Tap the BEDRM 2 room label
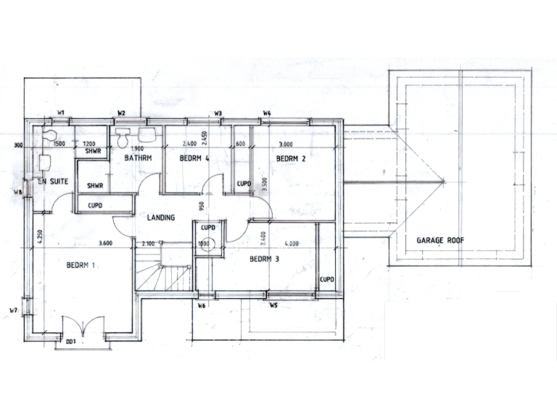point(291,157)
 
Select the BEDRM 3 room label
point(265,259)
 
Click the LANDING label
point(160,217)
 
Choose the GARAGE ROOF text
point(440,240)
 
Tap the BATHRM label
point(136,157)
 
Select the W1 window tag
point(62,112)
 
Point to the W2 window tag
point(122,112)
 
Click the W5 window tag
point(273,306)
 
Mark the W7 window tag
point(12,311)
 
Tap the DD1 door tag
point(71,340)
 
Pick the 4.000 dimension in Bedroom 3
point(292,243)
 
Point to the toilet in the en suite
point(49,137)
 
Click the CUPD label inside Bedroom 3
point(326,279)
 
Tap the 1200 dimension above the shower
point(91,144)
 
